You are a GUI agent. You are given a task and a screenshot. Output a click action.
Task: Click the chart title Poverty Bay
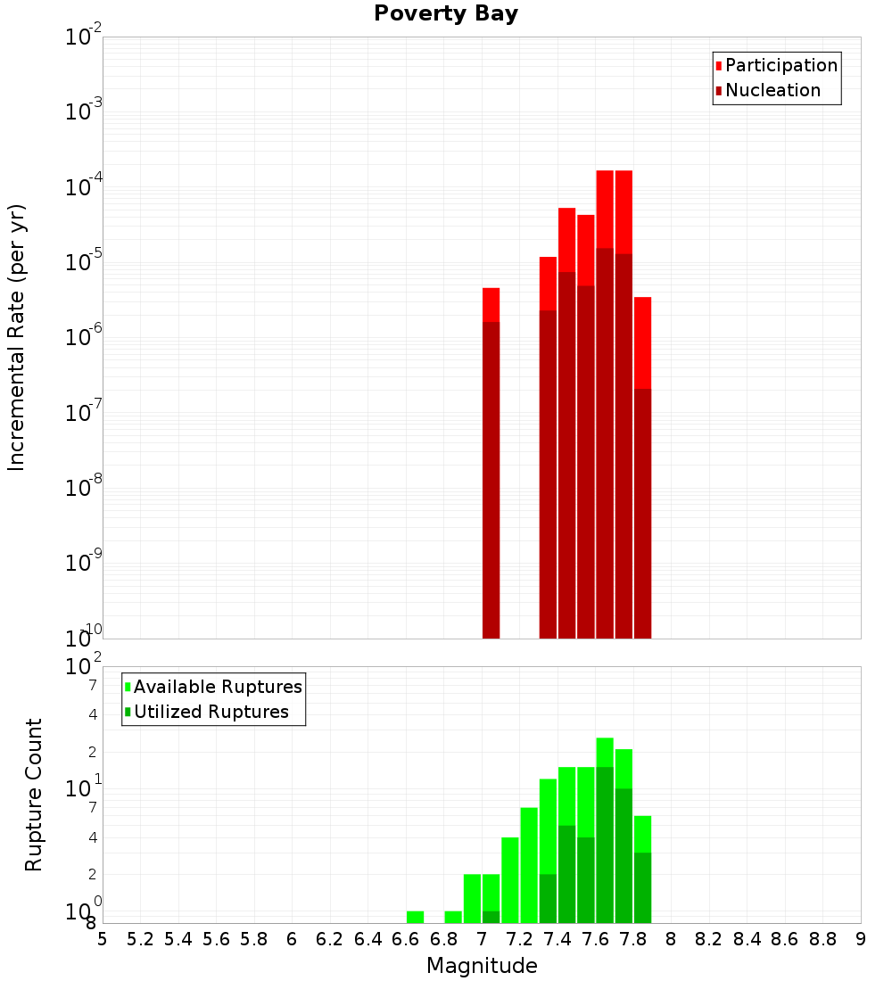[445, 14]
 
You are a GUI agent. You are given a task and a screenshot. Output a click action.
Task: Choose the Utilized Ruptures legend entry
[211, 712]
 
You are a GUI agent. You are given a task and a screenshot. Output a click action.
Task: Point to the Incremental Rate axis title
[17, 337]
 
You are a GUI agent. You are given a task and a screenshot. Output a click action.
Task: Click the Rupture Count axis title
[34, 794]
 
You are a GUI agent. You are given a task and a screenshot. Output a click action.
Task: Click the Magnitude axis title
[482, 966]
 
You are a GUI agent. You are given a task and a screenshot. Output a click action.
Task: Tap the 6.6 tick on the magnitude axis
[406, 939]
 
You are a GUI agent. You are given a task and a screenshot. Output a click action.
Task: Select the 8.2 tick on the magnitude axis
[709, 939]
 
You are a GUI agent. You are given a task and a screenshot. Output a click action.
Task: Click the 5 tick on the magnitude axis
[103, 939]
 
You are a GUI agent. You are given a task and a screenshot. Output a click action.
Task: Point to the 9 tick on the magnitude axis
[861, 939]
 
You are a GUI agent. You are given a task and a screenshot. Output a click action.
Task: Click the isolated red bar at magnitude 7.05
[491, 464]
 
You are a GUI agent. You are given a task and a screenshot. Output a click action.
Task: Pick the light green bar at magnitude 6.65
[415, 917]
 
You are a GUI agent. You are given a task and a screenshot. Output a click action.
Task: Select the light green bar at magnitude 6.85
[453, 917]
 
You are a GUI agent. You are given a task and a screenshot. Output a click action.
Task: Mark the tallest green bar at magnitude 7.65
[605, 829]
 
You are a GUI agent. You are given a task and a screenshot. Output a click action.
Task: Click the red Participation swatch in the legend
[719, 65]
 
